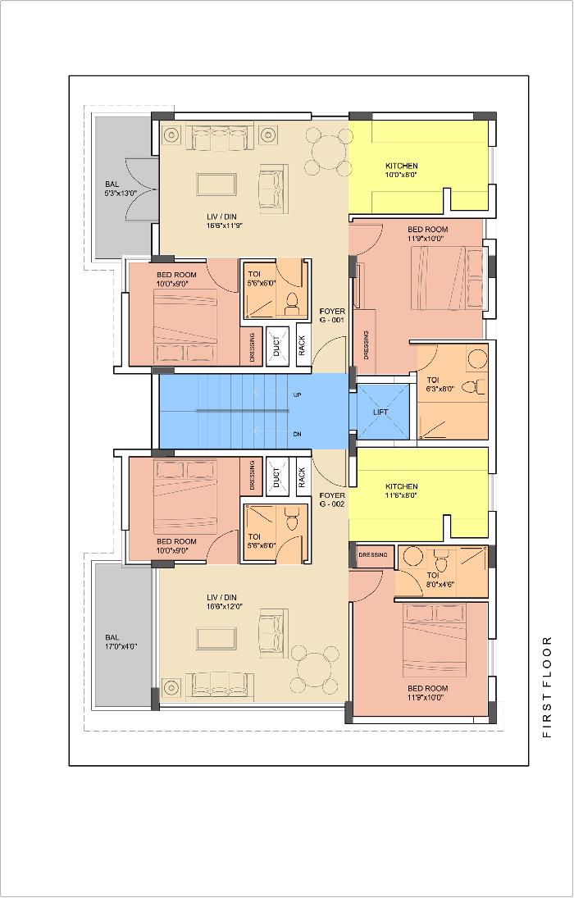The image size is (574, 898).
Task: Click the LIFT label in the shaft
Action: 380,412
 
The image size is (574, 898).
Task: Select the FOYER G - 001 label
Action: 332,316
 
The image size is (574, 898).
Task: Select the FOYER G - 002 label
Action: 332,499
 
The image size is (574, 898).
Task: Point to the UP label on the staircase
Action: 298,395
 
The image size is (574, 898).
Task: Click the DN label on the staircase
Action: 298,435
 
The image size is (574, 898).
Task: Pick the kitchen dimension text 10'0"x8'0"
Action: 401,175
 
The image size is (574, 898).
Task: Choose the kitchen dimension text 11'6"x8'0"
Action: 401,495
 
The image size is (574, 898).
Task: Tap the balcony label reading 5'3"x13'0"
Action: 121,194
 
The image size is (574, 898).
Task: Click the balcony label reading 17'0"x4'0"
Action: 121,646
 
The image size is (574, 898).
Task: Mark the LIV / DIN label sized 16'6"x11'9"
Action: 221,221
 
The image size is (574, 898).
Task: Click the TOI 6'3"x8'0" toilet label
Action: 440,384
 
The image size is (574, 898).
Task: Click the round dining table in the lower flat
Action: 315,669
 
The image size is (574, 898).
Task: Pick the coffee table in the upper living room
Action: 216,185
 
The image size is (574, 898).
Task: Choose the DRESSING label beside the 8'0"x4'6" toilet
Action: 373,555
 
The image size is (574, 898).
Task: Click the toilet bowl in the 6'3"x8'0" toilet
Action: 474,387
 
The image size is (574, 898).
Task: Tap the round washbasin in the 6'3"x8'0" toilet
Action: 477,358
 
